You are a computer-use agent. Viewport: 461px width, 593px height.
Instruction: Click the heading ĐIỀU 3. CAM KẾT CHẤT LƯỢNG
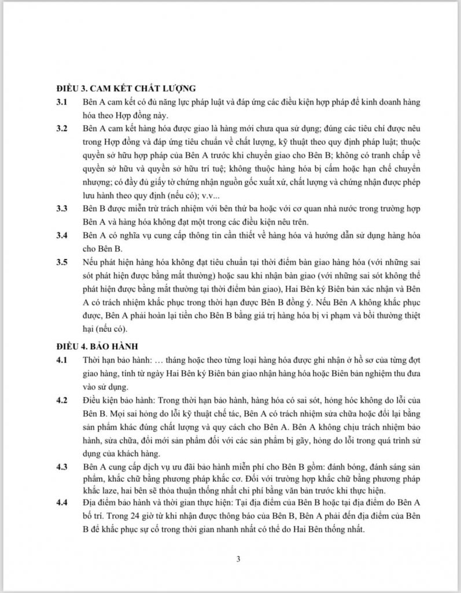click(122, 88)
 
